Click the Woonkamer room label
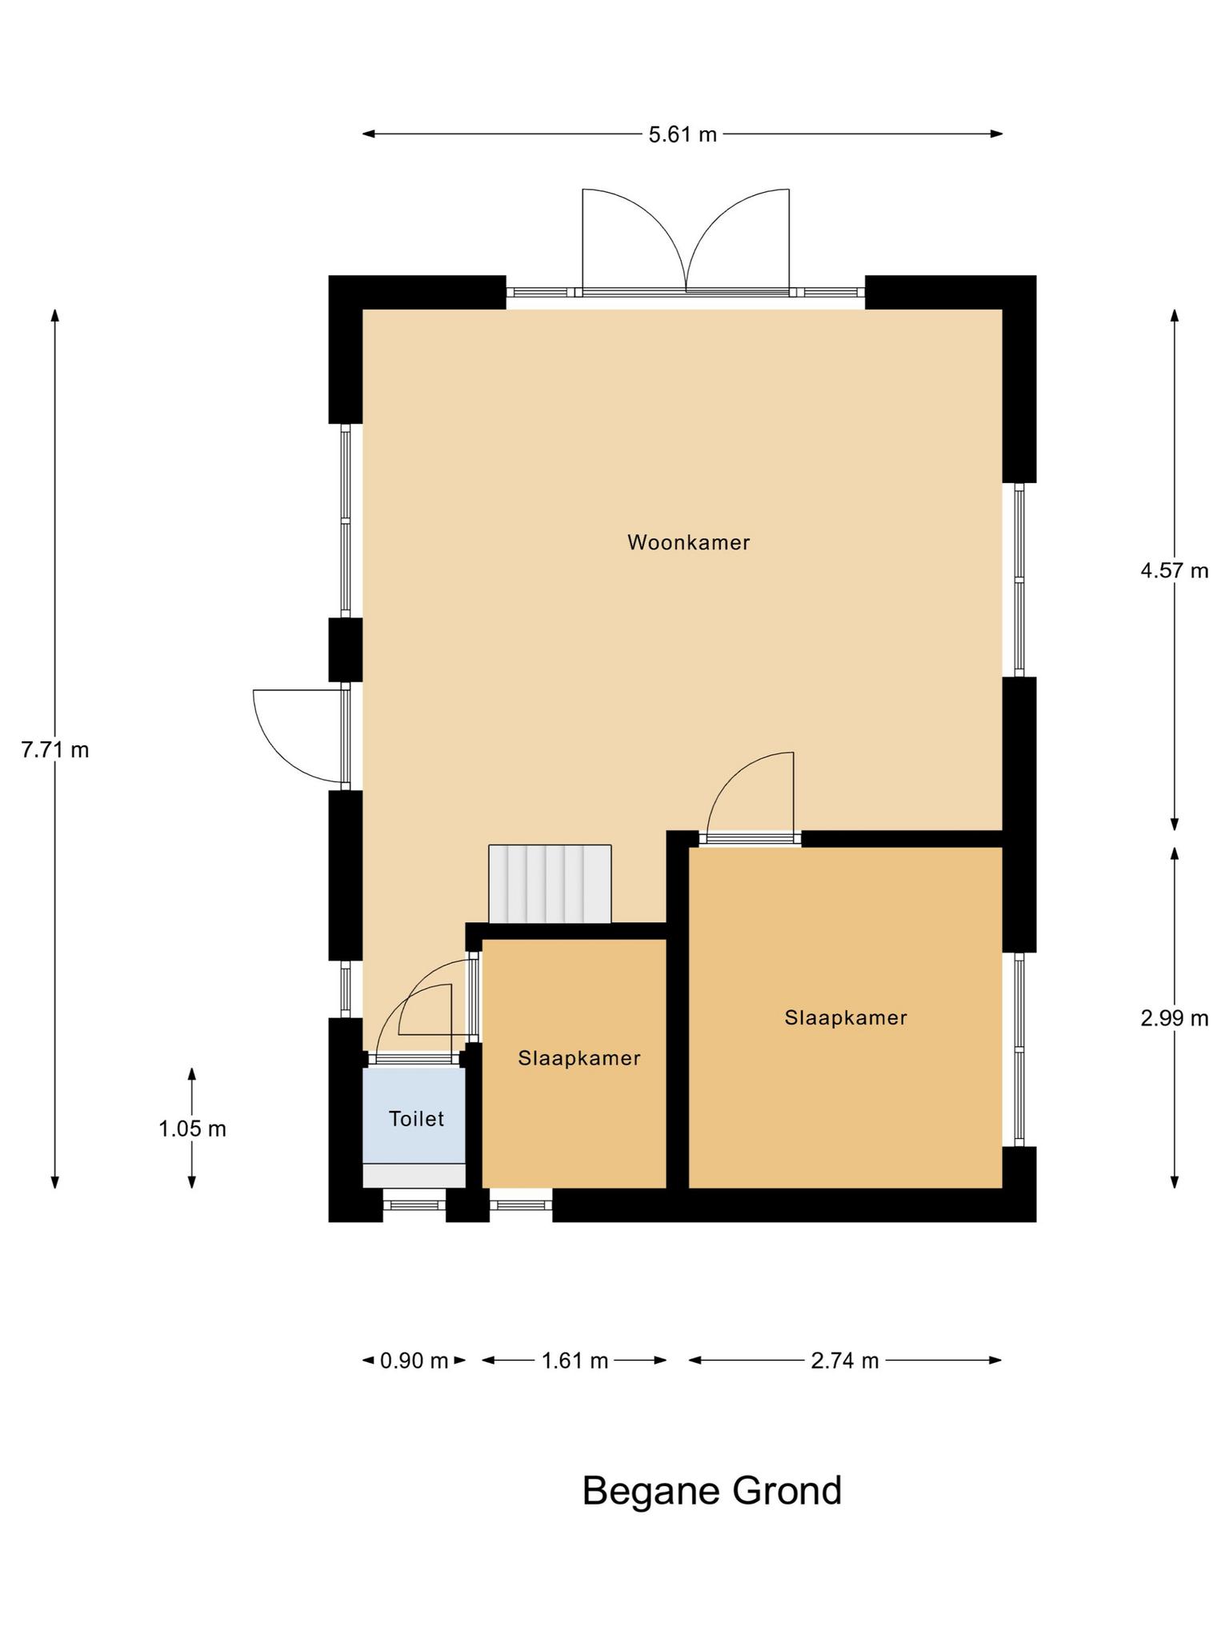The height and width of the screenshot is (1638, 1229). coord(689,542)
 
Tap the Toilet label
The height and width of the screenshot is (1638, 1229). coord(416,1118)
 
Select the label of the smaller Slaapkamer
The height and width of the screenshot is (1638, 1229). coord(579,1058)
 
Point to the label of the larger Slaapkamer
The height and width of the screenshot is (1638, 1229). coord(846,1017)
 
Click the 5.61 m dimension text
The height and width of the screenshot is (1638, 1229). coord(683,134)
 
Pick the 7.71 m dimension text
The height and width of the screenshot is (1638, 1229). coord(55,750)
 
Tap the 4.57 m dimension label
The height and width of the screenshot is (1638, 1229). coord(1175,570)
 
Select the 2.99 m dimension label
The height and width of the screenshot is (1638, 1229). coord(1175,1018)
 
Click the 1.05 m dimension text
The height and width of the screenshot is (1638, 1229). coord(192,1129)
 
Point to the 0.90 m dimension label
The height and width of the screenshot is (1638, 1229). coord(414,1360)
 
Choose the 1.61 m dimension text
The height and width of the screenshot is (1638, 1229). coord(575,1360)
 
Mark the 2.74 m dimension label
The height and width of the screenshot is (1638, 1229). coord(845,1360)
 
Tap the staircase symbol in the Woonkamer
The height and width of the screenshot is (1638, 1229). coord(550,884)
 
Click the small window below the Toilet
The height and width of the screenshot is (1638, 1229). coord(414,1205)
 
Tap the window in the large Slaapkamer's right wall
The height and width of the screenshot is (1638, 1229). coord(1019,1049)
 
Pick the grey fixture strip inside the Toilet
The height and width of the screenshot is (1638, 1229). coord(414,1175)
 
